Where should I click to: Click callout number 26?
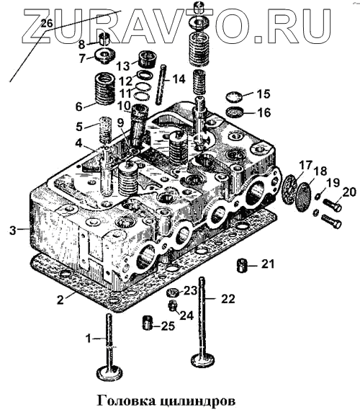(47, 24)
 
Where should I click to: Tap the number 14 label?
(179, 79)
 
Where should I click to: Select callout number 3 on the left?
(13, 230)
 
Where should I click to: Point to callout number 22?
(228, 299)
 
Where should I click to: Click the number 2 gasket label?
(60, 300)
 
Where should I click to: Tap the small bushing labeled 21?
(242, 266)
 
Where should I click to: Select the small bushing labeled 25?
(148, 323)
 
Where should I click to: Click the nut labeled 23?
(173, 292)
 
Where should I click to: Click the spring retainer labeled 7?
(106, 55)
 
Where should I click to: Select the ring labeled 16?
(235, 112)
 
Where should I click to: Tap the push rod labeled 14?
(161, 85)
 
